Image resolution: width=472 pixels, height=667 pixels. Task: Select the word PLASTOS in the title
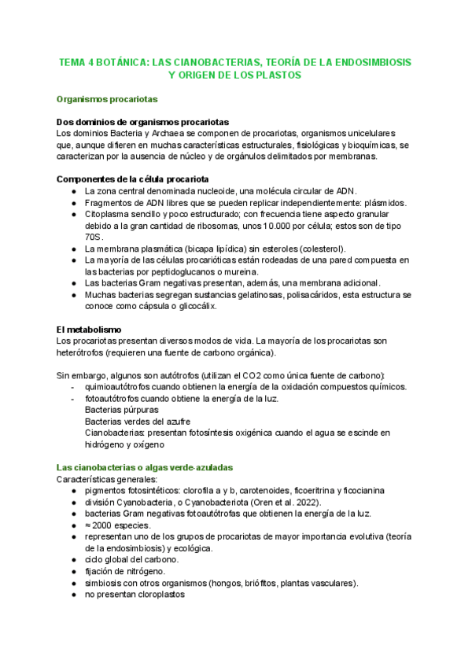tap(279, 75)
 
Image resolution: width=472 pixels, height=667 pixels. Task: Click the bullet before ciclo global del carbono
tap(72, 560)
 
